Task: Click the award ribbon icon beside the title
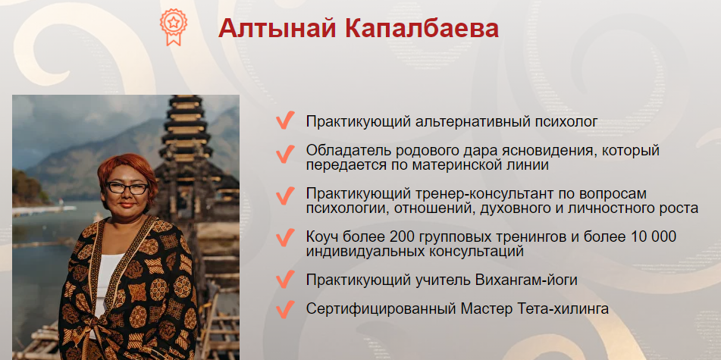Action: [x=174, y=27]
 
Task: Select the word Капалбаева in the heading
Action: [x=422, y=29]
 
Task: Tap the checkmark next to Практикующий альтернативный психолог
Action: [x=285, y=121]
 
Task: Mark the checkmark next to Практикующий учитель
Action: [x=285, y=279]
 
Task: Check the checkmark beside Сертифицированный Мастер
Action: [x=285, y=308]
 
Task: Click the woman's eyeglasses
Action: [x=127, y=188]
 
